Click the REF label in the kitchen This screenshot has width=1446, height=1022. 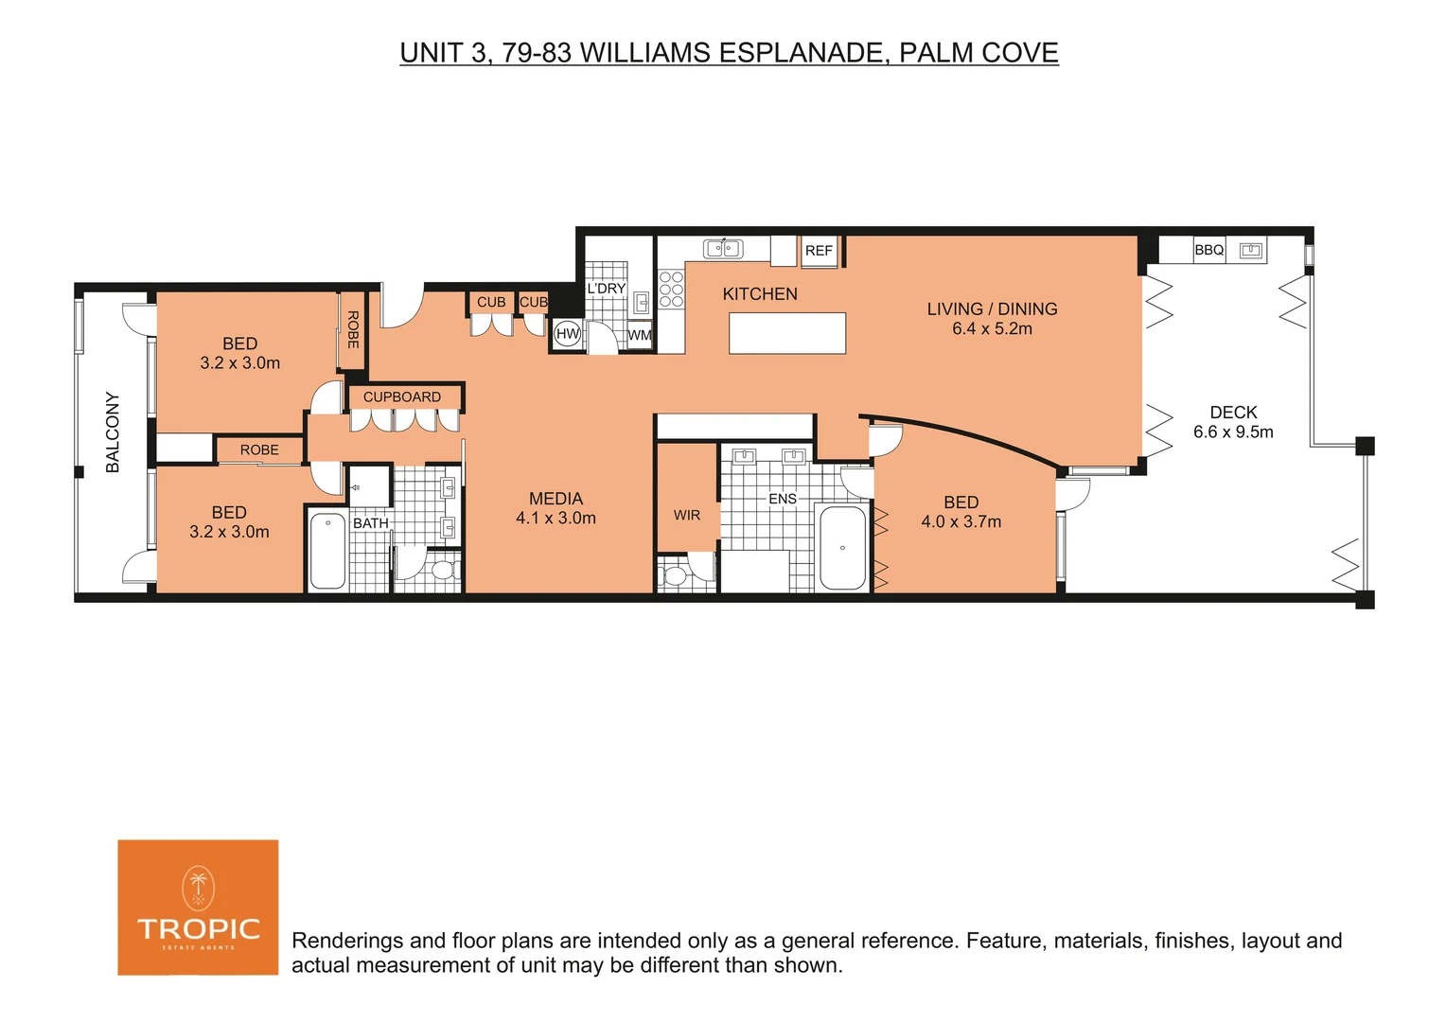[x=819, y=251]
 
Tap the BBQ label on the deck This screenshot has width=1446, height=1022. [x=1208, y=250]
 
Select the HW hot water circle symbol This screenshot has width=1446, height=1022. [x=567, y=333]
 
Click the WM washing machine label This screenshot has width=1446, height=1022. [x=640, y=335]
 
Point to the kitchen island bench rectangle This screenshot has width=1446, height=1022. [x=786, y=333]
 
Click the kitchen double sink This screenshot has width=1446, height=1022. [x=723, y=249]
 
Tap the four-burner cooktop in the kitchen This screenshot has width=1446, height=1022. [x=671, y=290]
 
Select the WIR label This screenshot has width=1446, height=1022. [x=687, y=515]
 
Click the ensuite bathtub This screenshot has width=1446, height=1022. [x=842, y=548]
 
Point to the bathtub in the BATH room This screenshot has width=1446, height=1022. [x=327, y=550]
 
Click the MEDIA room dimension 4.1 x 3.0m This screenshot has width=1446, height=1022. [x=555, y=518]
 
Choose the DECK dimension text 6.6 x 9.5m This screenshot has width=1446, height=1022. [x=1233, y=432]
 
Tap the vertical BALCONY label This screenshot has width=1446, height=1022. [x=113, y=432]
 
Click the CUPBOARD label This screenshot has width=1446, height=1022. [x=402, y=396]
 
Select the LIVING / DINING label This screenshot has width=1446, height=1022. [x=992, y=308]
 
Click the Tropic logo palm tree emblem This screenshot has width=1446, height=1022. [x=198, y=888]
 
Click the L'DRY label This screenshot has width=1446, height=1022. [x=606, y=289]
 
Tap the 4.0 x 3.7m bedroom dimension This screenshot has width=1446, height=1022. [x=961, y=521]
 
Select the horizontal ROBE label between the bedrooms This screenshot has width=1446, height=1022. [x=259, y=449]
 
